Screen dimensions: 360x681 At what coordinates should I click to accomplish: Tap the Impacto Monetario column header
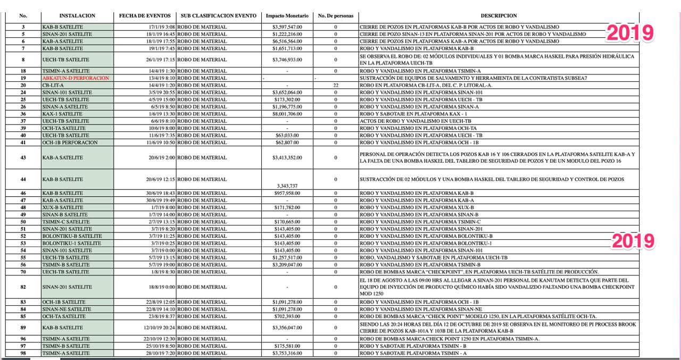pyautogui.click(x=287, y=16)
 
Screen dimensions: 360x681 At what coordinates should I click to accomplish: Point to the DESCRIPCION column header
pyautogui.click(x=499, y=16)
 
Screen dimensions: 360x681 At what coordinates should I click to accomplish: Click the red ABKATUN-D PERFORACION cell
pyautogui.click(x=76, y=78)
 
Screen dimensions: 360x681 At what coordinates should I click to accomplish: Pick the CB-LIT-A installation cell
pyautogui.click(x=53, y=85)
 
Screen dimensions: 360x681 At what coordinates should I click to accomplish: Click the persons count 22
pyautogui.click(x=335, y=85)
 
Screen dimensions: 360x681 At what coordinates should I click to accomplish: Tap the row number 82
pyautogui.click(x=23, y=287)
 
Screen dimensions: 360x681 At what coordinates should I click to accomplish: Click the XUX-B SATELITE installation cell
pyautogui.click(x=63, y=207)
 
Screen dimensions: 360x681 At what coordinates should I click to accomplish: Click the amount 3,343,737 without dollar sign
pyautogui.click(x=287, y=186)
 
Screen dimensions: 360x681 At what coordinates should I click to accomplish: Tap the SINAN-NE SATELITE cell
pyautogui.click(x=65, y=309)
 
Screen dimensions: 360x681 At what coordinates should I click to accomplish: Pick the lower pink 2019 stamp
pyautogui.click(x=633, y=241)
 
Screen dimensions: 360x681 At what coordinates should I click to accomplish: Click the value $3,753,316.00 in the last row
pyautogui.click(x=287, y=353)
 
